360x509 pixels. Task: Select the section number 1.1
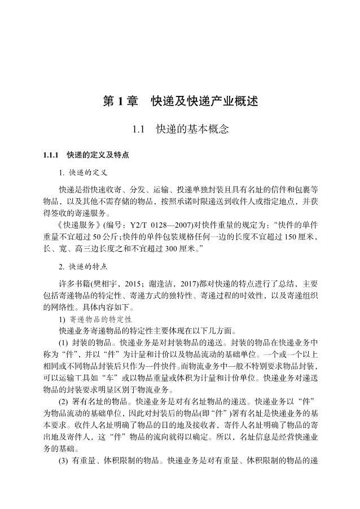pyautogui.click(x=139, y=130)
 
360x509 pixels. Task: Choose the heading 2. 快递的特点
pyautogui.click(x=84, y=265)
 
